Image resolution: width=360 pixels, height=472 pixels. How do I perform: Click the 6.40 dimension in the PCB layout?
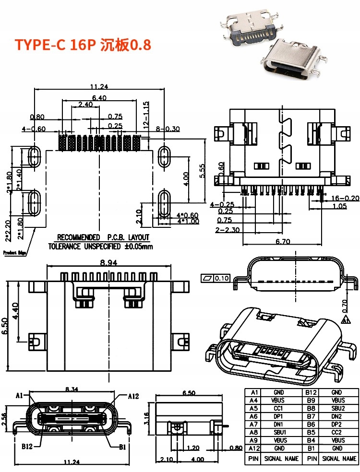coord(99,97)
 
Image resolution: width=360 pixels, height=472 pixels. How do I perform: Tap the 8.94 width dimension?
coord(109,263)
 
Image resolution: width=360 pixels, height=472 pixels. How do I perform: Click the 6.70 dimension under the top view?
coord(283,242)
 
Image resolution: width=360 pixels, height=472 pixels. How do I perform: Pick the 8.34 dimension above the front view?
coord(72,389)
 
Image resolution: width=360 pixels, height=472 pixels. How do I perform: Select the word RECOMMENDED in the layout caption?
coord(78,237)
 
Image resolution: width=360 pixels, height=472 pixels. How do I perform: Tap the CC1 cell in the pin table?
coord(278,408)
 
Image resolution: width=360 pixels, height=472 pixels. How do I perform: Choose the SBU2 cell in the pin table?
coord(337,408)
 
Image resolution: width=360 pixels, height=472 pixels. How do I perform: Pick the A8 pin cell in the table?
coord(254,432)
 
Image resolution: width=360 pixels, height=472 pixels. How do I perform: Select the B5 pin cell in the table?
coord(312,432)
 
